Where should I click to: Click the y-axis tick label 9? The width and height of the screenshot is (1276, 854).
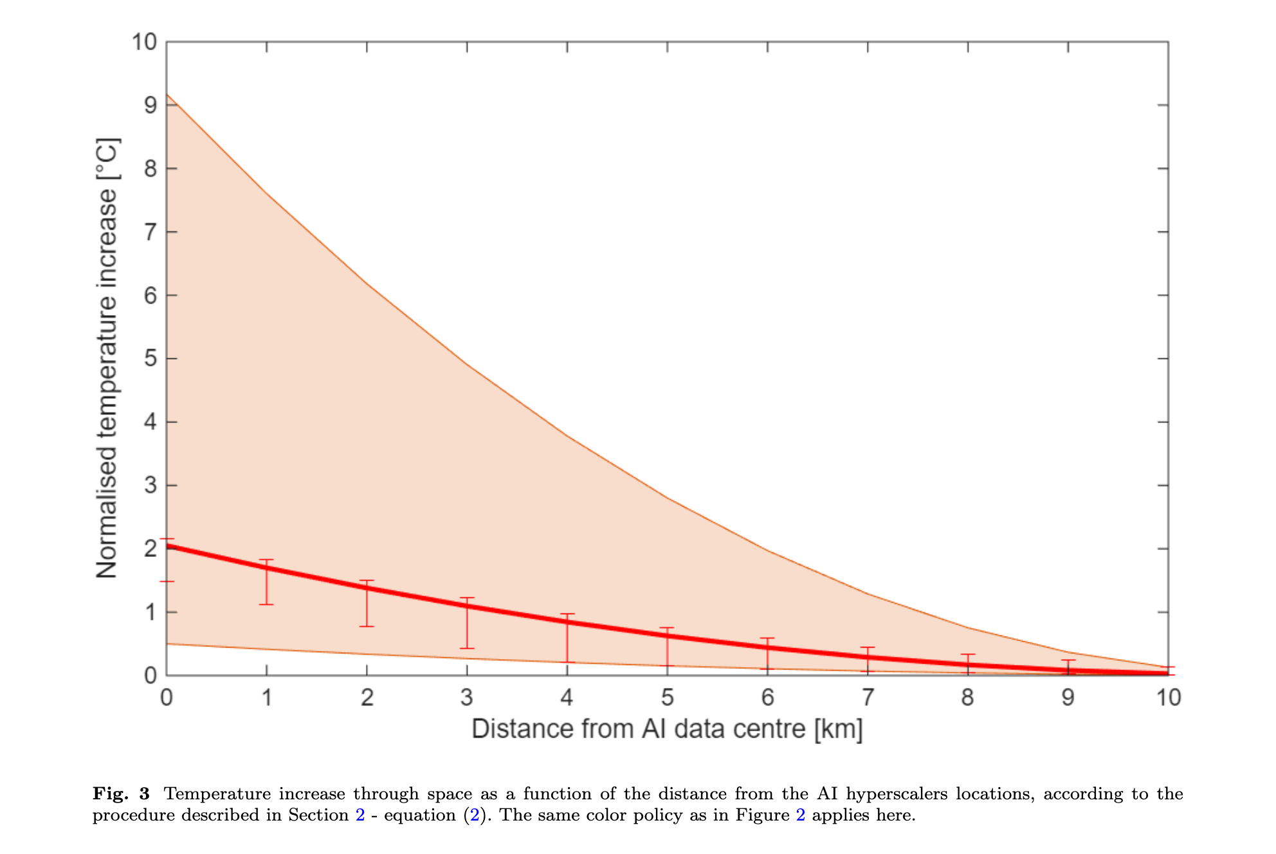(150, 105)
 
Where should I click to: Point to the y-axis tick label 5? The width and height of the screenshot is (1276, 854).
(150, 358)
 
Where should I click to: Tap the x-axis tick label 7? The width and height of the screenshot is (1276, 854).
(868, 697)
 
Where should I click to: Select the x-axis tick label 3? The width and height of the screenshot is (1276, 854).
(467, 697)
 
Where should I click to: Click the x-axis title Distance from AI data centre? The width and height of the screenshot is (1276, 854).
(639, 729)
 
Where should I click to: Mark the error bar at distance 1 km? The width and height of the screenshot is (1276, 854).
(266, 582)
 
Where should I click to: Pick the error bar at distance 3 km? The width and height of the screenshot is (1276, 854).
(467, 623)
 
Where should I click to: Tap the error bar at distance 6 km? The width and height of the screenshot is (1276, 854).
(767, 653)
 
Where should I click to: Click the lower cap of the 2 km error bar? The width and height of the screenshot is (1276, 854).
(367, 626)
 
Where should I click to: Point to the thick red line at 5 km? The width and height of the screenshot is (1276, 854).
(668, 636)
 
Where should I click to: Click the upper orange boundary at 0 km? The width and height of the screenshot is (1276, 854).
(167, 95)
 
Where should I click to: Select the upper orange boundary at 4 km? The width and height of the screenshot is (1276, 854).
(567, 437)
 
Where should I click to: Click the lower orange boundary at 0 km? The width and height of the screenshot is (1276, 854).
(167, 644)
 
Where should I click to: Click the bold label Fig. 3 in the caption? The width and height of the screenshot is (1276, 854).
(121, 794)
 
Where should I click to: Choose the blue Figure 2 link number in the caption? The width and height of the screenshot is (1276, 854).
(800, 815)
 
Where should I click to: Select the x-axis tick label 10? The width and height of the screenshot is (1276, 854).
(1169, 697)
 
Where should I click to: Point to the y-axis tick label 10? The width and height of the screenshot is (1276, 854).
(145, 42)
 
